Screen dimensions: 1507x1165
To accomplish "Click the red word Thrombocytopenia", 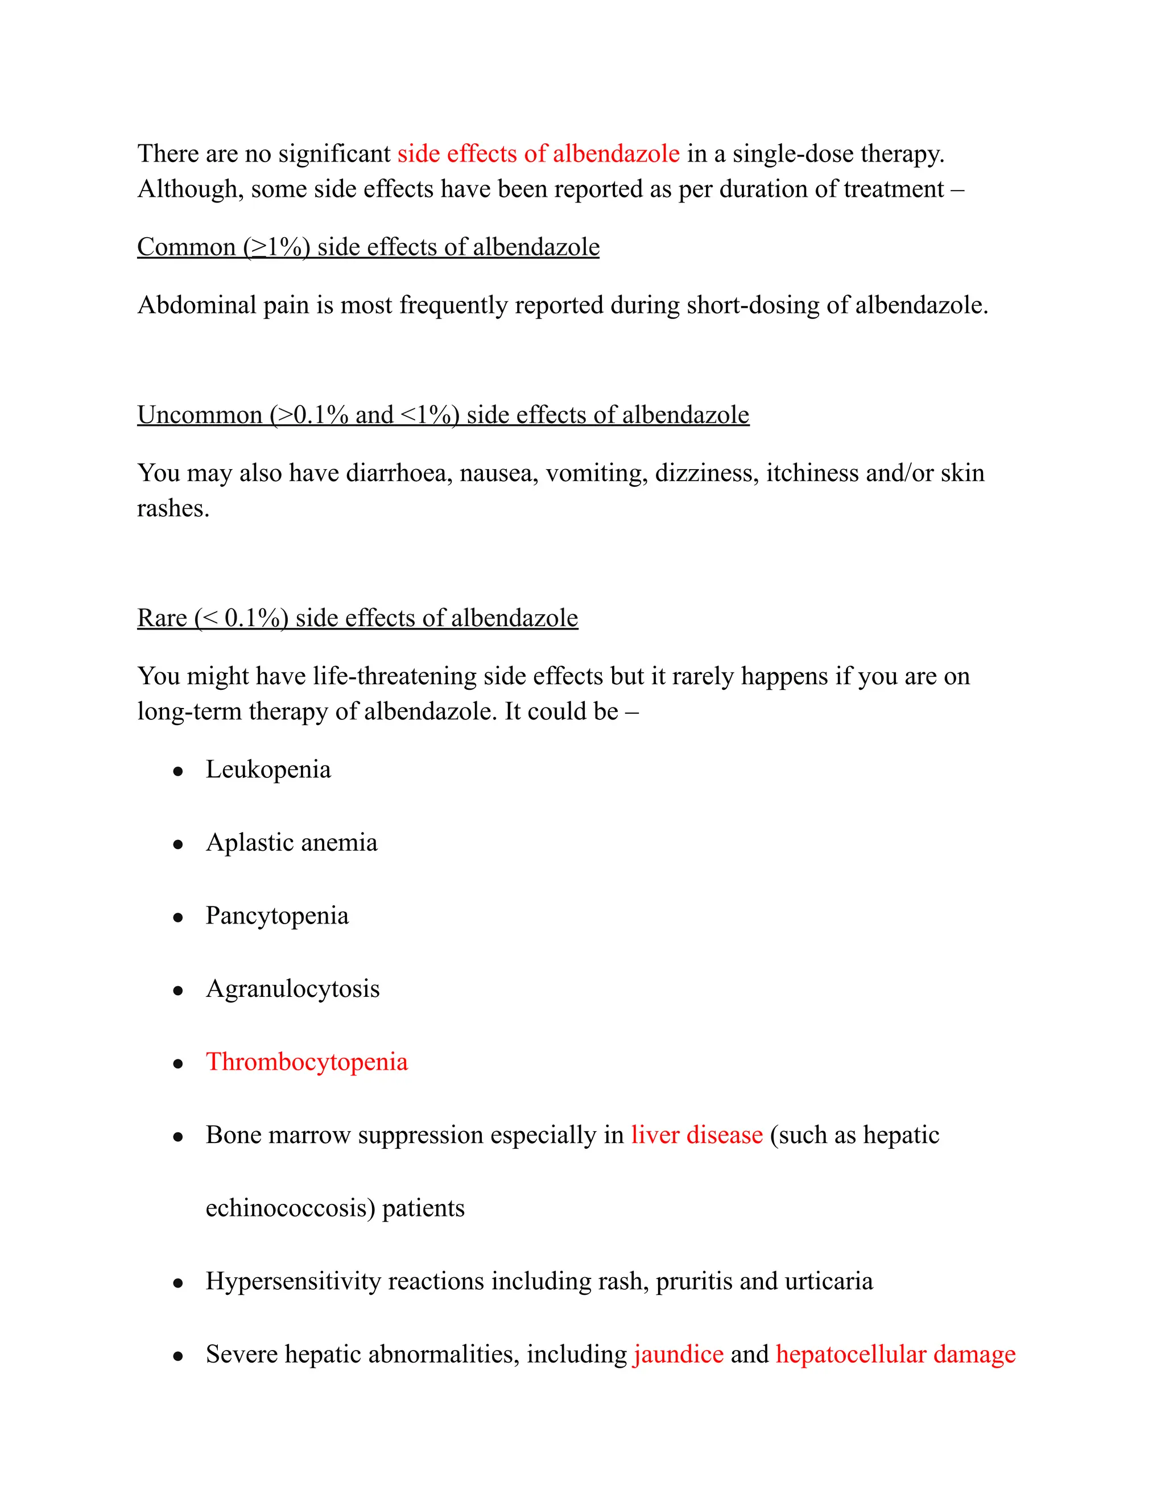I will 307,1062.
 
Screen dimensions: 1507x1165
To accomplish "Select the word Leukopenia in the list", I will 268,769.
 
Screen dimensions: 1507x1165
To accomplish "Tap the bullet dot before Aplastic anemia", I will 178,844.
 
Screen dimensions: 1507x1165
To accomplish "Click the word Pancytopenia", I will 277,916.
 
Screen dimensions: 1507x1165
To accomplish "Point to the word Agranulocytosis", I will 292,989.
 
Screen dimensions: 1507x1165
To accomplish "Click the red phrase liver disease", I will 696,1135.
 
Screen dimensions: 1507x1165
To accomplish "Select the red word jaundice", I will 679,1354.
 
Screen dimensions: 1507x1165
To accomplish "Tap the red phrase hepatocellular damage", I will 895,1354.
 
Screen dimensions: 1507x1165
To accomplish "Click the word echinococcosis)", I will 290,1208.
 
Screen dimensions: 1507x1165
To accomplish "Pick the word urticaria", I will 828,1281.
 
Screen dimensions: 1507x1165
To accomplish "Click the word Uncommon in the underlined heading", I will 200,415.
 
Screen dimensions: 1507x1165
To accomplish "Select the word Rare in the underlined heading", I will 162,618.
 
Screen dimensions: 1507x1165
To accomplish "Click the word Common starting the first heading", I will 187,247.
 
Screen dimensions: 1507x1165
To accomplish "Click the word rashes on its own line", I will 172,508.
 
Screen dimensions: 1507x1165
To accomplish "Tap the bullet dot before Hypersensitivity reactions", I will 178,1283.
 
